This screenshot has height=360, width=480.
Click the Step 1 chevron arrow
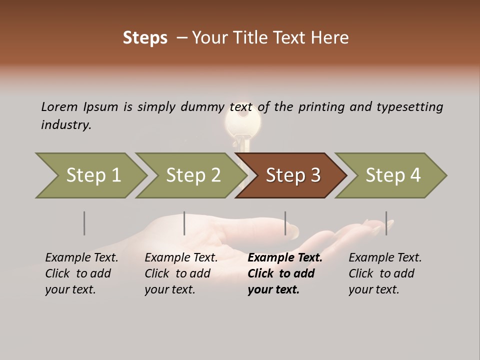(92, 175)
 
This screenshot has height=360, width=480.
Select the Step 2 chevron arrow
(192, 175)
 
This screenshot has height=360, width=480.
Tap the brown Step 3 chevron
(292, 175)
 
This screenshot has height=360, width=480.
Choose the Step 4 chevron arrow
(392, 175)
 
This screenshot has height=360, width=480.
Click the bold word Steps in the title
(145, 37)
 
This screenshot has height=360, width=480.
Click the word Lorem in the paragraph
(59, 106)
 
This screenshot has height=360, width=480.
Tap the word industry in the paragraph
(66, 124)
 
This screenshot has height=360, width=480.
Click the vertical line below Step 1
(84, 223)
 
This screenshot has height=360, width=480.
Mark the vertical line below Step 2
(184, 223)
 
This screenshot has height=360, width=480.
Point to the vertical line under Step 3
(285, 223)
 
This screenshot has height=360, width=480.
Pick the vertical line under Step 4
(386, 223)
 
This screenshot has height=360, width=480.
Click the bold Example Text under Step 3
(285, 257)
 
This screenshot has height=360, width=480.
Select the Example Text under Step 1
(81, 257)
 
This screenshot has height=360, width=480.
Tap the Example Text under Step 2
(181, 257)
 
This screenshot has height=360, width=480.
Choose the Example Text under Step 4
(385, 257)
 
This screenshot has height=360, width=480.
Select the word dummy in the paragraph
(204, 106)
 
